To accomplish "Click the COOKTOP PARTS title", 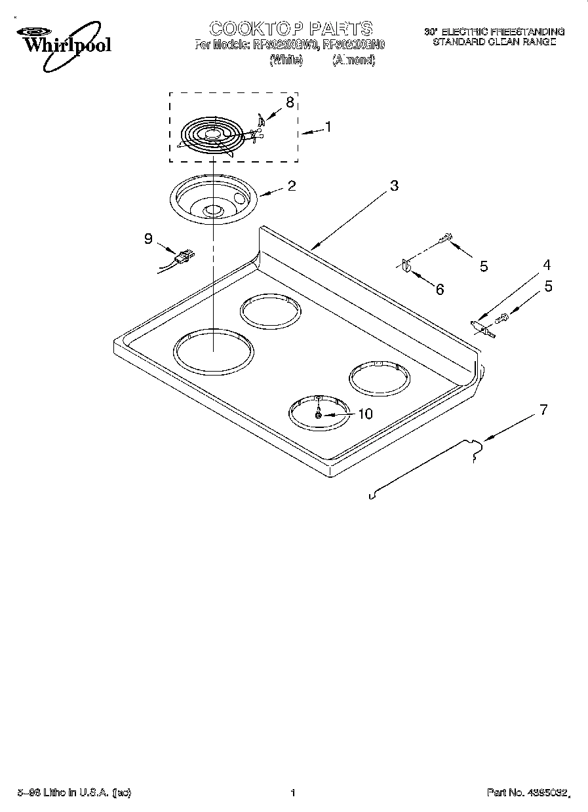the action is (290, 28).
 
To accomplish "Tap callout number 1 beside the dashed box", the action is (328, 127).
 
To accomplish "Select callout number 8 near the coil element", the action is (289, 102).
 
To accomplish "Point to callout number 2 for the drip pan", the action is (291, 185).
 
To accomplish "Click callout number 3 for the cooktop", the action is (393, 185).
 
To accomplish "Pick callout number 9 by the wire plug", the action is (148, 239).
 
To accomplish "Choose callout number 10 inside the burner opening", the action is (364, 414).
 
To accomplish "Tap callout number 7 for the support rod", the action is (542, 410).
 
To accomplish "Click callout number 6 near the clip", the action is (439, 288).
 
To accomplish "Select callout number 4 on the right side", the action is (546, 265).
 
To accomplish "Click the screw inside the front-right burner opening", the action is (318, 415).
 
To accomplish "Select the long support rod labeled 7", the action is (426, 469).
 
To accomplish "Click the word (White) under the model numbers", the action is (286, 60).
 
